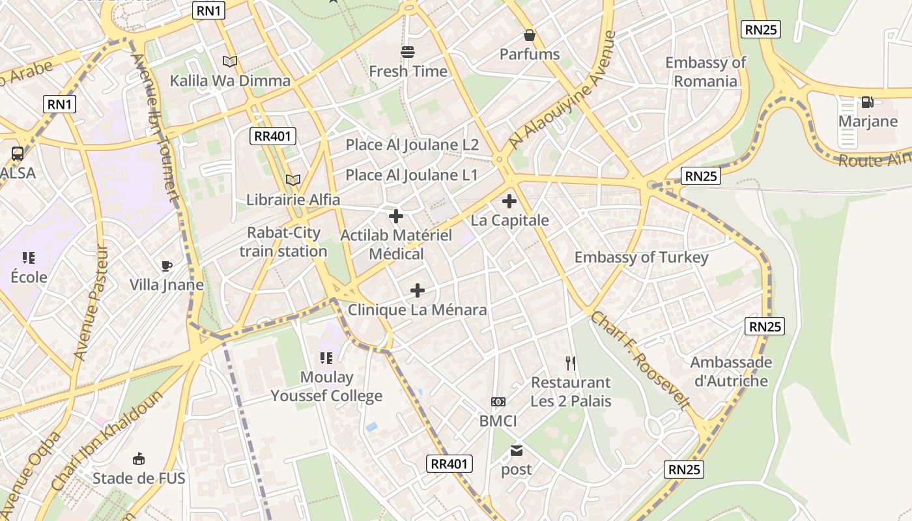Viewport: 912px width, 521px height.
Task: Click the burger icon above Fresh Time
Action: pos(408,51)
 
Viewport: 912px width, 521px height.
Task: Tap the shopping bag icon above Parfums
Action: pos(530,35)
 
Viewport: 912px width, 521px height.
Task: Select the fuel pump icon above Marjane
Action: pos(867,102)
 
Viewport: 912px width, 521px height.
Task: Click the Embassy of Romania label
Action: pos(705,72)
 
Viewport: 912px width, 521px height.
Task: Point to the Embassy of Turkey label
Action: pos(640,257)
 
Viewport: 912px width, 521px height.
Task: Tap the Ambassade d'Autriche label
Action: pos(731,371)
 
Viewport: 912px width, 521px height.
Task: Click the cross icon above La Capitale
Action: pos(509,201)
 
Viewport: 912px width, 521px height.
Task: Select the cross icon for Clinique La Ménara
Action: pos(418,290)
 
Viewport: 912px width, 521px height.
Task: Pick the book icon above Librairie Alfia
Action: pos(293,180)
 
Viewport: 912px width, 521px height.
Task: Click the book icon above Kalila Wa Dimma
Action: pos(229,61)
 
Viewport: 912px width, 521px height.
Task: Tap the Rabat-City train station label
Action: pos(283,242)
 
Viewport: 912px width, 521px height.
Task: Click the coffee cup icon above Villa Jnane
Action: pos(167,266)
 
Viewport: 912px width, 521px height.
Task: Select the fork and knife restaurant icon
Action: pos(571,363)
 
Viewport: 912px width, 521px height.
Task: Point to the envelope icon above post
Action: pos(517,451)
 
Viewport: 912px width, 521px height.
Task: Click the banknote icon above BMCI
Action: pos(498,402)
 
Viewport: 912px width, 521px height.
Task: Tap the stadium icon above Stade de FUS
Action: pos(139,459)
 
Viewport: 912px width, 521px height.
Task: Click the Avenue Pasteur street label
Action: pos(90,302)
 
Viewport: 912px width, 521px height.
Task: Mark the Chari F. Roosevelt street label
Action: pos(640,360)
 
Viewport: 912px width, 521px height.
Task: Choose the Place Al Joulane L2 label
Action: pos(412,145)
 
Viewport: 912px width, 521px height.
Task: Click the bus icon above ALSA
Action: pos(18,154)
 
